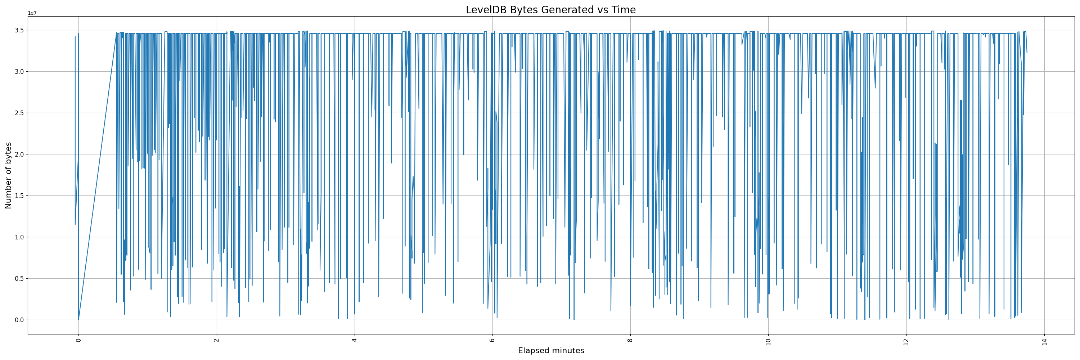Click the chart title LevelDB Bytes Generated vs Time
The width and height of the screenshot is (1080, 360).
pos(550,10)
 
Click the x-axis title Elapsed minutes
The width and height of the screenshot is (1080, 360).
pos(551,351)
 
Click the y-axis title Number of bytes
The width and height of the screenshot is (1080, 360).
pos(8,175)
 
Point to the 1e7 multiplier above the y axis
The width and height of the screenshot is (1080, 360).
pos(32,13)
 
